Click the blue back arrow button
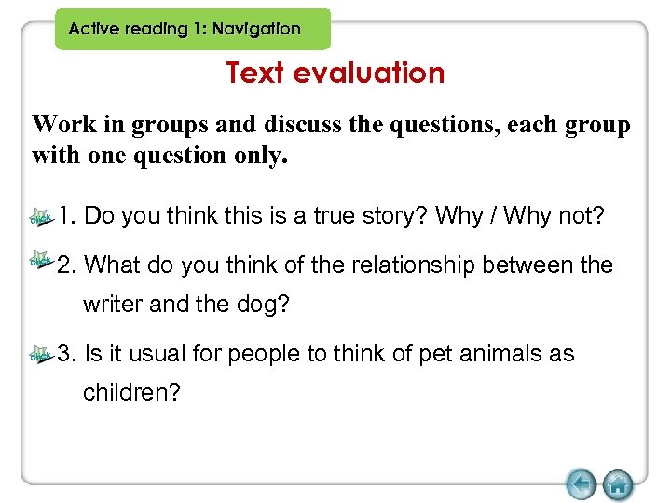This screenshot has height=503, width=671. pyautogui.click(x=581, y=484)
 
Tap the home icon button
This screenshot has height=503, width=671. pyautogui.click(x=618, y=484)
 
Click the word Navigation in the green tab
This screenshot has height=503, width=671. pyautogui.click(x=256, y=29)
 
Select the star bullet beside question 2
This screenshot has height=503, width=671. pyautogui.click(x=42, y=260)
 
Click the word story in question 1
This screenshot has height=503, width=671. pyautogui.click(x=395, y=217)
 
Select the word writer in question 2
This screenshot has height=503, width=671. pyautogui.click(x=112, y=305)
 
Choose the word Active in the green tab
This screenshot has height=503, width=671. pyautogui.click(x=95, y=29)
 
